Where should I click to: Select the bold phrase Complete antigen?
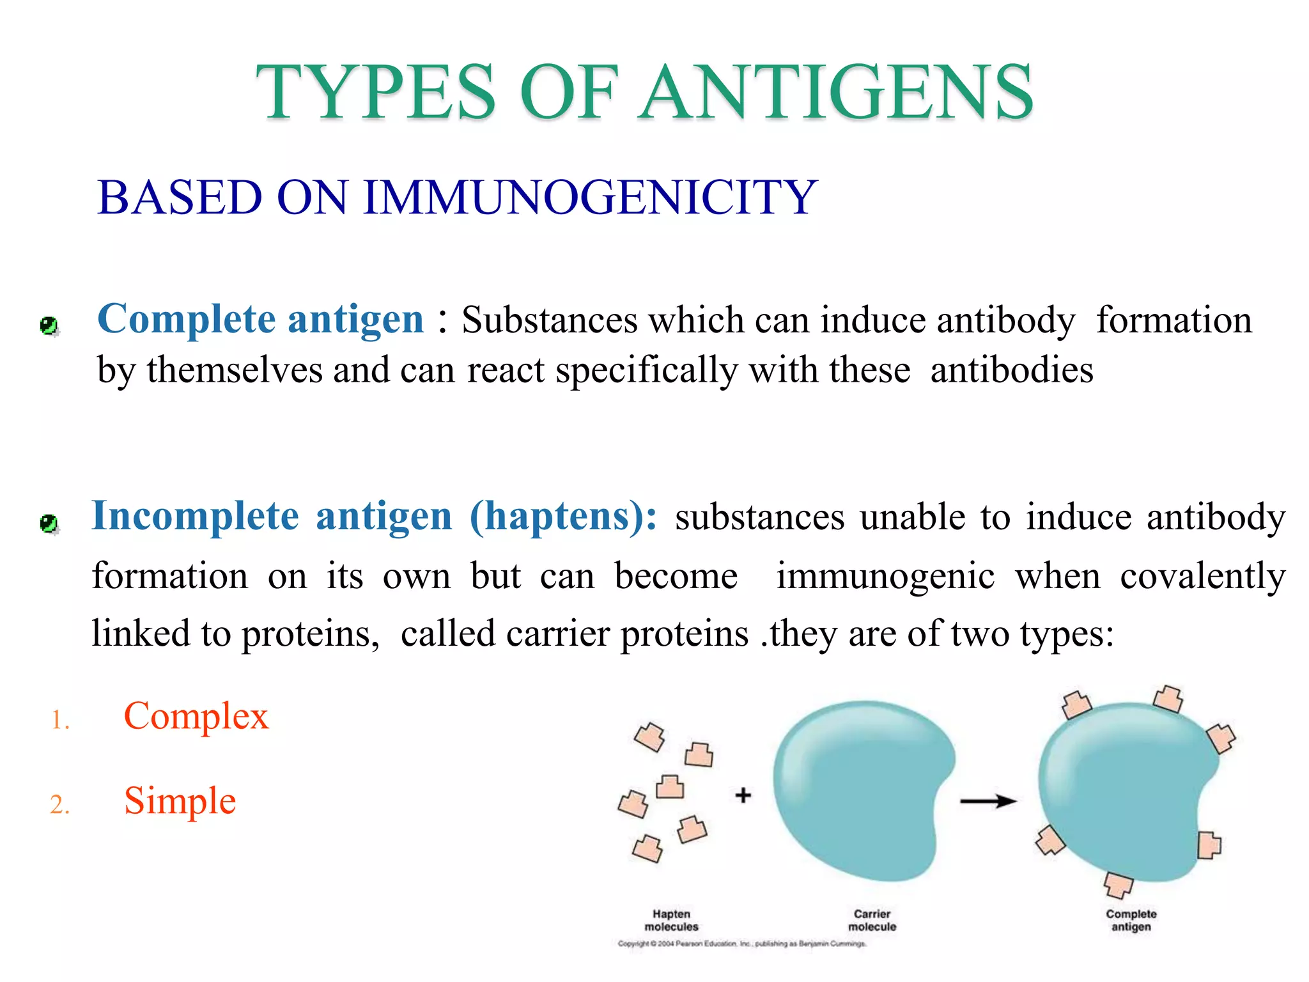[260, 318]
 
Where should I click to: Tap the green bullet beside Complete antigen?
[49, 326]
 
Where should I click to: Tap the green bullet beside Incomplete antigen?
[49, 524]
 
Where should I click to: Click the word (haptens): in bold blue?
[562, 516]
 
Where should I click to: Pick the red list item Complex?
[196, 716]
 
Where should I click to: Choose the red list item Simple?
[180, 800]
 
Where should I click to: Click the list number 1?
[60, 721]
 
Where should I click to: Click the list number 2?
[59, 805]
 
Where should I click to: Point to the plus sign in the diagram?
[743, 795]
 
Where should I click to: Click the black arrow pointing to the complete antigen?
[988, 801]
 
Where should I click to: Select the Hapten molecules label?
[671, 920]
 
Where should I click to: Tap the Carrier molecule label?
[872, 920]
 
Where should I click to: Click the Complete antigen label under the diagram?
[1131, 920]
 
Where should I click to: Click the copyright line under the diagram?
[741, 944]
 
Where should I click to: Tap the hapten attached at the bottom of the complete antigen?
[1118, 885]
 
